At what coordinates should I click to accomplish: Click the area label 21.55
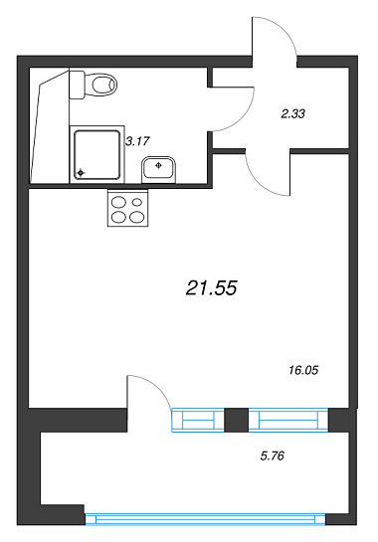click(211, 287)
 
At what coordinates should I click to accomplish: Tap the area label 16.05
click(303, 371)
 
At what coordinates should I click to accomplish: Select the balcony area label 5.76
click(273, 455)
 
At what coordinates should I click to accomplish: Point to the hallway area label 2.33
click(292, 113)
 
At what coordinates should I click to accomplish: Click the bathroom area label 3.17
click(137, 141)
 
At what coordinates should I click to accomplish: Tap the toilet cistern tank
click(77, 85)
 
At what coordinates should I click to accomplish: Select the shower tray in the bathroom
click(96, 154)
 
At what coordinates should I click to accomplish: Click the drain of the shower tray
click(81, 172)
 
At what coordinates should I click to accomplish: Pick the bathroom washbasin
click(159, 169)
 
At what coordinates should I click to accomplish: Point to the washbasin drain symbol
click(159, 165)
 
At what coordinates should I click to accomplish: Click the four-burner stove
click(128, 208)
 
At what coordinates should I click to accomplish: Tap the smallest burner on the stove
click(137, 202)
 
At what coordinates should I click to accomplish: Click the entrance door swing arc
click(283, 30)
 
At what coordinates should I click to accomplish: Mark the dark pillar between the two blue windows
click(237, 420)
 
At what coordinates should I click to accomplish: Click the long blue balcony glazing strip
click(206, 519)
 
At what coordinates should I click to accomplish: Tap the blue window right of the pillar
click(288, 420)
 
